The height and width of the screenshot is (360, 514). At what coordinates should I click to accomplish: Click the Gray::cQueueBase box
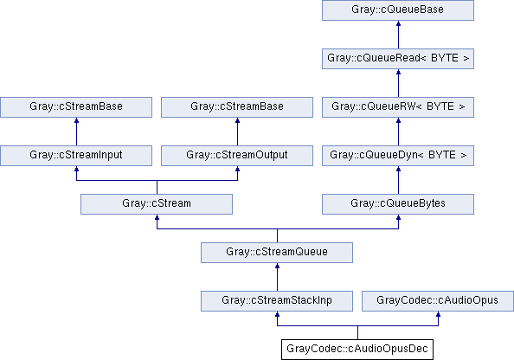click(398, 10)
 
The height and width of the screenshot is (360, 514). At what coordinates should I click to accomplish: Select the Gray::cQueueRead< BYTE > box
click(398, 59)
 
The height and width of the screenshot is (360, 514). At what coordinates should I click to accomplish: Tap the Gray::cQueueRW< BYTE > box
click(398, 107)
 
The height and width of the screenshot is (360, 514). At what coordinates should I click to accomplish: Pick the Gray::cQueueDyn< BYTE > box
click(398, 156)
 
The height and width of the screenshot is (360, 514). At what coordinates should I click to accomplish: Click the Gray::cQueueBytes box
click(398, 204)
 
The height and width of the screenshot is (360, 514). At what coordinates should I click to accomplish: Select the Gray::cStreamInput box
click(76, 156)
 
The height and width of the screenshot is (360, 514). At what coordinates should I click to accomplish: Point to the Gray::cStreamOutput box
click(237, 156)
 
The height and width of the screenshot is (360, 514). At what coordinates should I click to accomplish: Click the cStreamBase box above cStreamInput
click(76, 107)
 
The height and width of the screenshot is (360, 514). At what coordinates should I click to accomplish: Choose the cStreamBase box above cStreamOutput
click(237, 107)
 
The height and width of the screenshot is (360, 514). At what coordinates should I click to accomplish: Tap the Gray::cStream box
click(157, 204)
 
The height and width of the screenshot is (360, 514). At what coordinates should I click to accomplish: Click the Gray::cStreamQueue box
click(277, 253)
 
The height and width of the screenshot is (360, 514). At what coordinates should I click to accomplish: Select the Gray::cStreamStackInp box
click(277, 301)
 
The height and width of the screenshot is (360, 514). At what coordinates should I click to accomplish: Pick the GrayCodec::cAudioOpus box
click(438, 301)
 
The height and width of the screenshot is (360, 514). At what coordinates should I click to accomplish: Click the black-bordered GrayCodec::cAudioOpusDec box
click(357, 350)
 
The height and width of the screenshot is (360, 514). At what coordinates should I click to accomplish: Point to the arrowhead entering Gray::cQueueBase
click(398, 23)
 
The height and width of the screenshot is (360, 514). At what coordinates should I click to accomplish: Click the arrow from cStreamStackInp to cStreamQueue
click(277, 277)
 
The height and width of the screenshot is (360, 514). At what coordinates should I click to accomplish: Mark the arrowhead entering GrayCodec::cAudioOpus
click(438, 314)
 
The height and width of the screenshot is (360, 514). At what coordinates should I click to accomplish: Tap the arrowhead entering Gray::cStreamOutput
click(237, 169)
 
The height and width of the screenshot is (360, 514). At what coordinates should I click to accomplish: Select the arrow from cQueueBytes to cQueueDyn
click(398, 180)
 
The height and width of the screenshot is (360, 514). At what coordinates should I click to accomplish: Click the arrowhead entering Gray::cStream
click(157, 218)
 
